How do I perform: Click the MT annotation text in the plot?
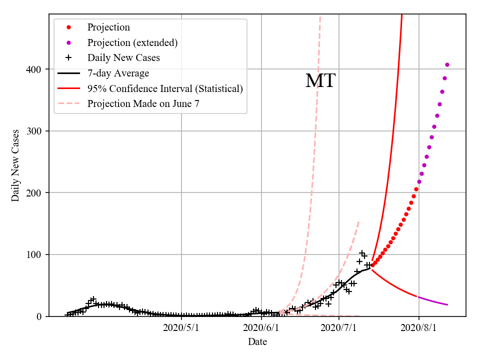[320, 80]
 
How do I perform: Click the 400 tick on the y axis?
[36, 69]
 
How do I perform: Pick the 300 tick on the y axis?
[36, 131]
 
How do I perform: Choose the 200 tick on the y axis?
[36, 192]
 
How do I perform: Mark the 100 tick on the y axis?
[36, 254]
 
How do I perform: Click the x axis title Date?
[257, 342]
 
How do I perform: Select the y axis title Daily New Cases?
[15, 165]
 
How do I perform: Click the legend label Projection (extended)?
[132, 42]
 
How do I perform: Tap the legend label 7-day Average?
[118, 73]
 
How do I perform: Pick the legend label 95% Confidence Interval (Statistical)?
[165, 88]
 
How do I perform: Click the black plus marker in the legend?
[69, 57]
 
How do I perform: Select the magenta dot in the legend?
[69, 42]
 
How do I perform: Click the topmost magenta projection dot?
[447, 64]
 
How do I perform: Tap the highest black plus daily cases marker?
[362, 253]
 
